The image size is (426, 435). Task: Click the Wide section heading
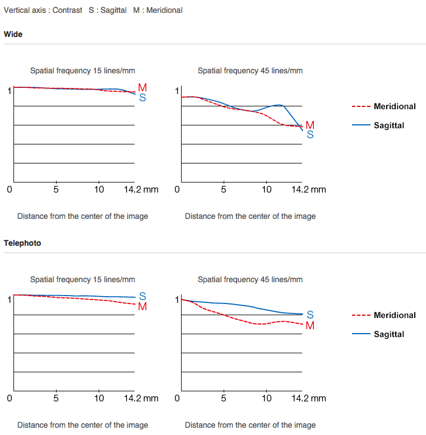(x=13, y=34)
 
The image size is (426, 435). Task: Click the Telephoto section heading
(x=22, y=243)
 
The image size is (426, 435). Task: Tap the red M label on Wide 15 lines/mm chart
(x=142, y=88)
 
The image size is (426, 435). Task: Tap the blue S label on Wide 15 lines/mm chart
(x=142, y=97)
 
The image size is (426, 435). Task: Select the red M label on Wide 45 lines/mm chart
(x=310, y=125)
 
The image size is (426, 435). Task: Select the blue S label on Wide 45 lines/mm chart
(x=310, y=134)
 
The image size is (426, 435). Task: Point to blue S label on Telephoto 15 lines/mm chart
(x=142, y=296)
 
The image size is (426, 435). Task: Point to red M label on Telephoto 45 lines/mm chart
(x=310, y=325)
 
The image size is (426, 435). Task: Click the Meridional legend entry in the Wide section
(x=395, y=106)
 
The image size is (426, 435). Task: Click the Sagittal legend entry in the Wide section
(x=388, y=125)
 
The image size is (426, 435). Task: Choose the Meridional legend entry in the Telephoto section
(x=395, y=315)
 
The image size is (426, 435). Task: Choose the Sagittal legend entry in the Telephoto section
(x=388, y=334)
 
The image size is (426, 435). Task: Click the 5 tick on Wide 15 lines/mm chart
(x=56, y=189)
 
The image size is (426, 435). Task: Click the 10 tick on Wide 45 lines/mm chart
(x=267, y=189)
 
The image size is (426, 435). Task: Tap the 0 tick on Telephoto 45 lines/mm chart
(x=177, y=398)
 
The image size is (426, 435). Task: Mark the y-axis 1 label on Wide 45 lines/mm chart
(x=177, y=91)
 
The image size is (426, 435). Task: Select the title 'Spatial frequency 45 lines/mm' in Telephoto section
(x=250, y=279)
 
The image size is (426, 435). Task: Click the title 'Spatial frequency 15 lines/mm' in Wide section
(x=82, y=71)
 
